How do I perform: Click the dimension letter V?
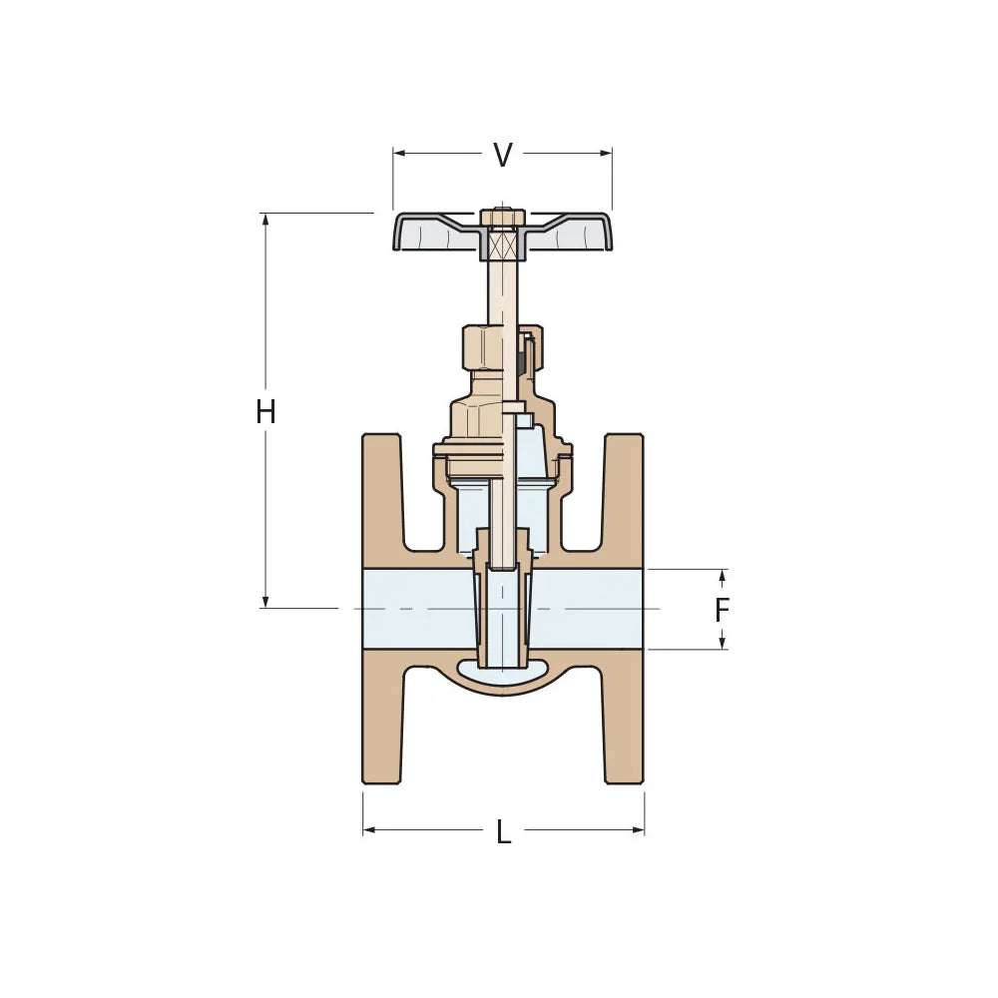[503, 155]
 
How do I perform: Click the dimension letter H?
[265, 411]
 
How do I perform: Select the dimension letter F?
[723, 610]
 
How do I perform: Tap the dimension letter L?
[503, 832]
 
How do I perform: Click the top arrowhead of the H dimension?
[265, 219]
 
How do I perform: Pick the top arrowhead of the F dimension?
[723, 575]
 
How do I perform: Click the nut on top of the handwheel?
[502, 218]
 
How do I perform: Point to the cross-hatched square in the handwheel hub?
[502, 243]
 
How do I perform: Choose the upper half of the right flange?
[625, 499]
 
